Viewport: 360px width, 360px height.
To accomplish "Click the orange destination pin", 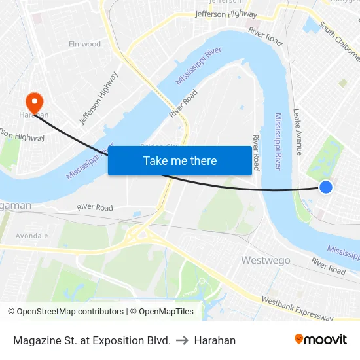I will [33, 101].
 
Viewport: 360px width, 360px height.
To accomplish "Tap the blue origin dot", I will [325, 188].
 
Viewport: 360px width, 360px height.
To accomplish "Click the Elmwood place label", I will [85, 44].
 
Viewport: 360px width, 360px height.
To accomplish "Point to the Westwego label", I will [266, 260].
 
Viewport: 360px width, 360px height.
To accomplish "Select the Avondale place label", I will [31, 236].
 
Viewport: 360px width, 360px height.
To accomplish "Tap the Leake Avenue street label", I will [298, 131].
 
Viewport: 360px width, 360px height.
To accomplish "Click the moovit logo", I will [321, 340].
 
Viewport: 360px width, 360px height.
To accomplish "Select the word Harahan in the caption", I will [215, 340].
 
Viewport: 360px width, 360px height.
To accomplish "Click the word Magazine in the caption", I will [36, 340].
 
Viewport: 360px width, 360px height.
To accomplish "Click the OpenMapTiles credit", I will [162, 312].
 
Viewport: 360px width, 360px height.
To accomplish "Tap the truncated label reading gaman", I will [16, 206].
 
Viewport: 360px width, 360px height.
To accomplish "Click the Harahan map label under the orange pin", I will [34, 115].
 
